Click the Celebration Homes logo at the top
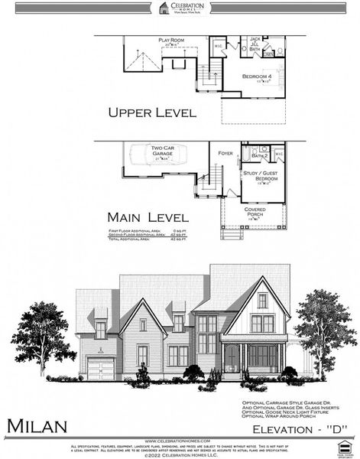(x=180, y=8)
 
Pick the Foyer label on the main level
(x=225, y=153)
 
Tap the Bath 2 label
(x=259, y=155)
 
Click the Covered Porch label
(x=255, y=211)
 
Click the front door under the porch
(x=231, y=358)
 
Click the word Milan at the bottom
(x=38, y=425)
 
